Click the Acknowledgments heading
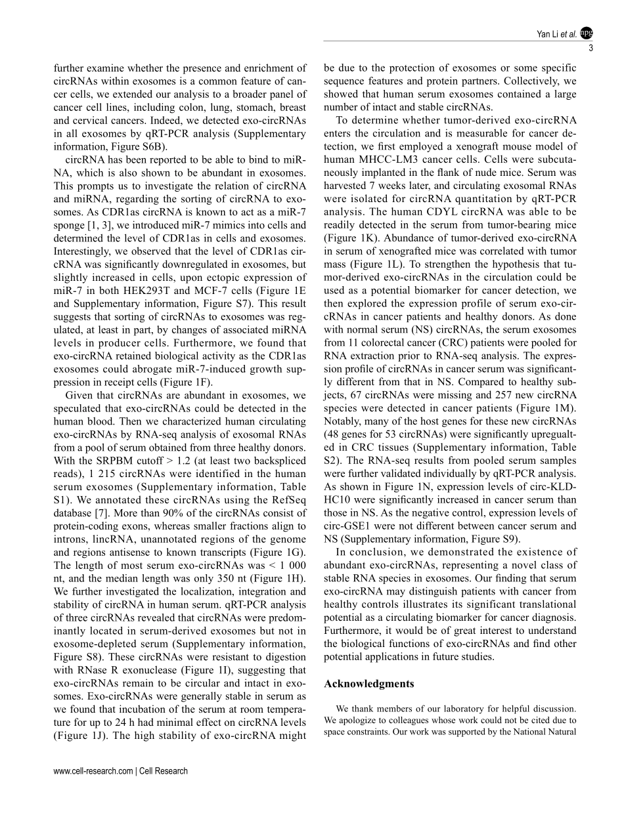point(369,683)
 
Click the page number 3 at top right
point(591,47)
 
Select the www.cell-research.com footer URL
point(93,771)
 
